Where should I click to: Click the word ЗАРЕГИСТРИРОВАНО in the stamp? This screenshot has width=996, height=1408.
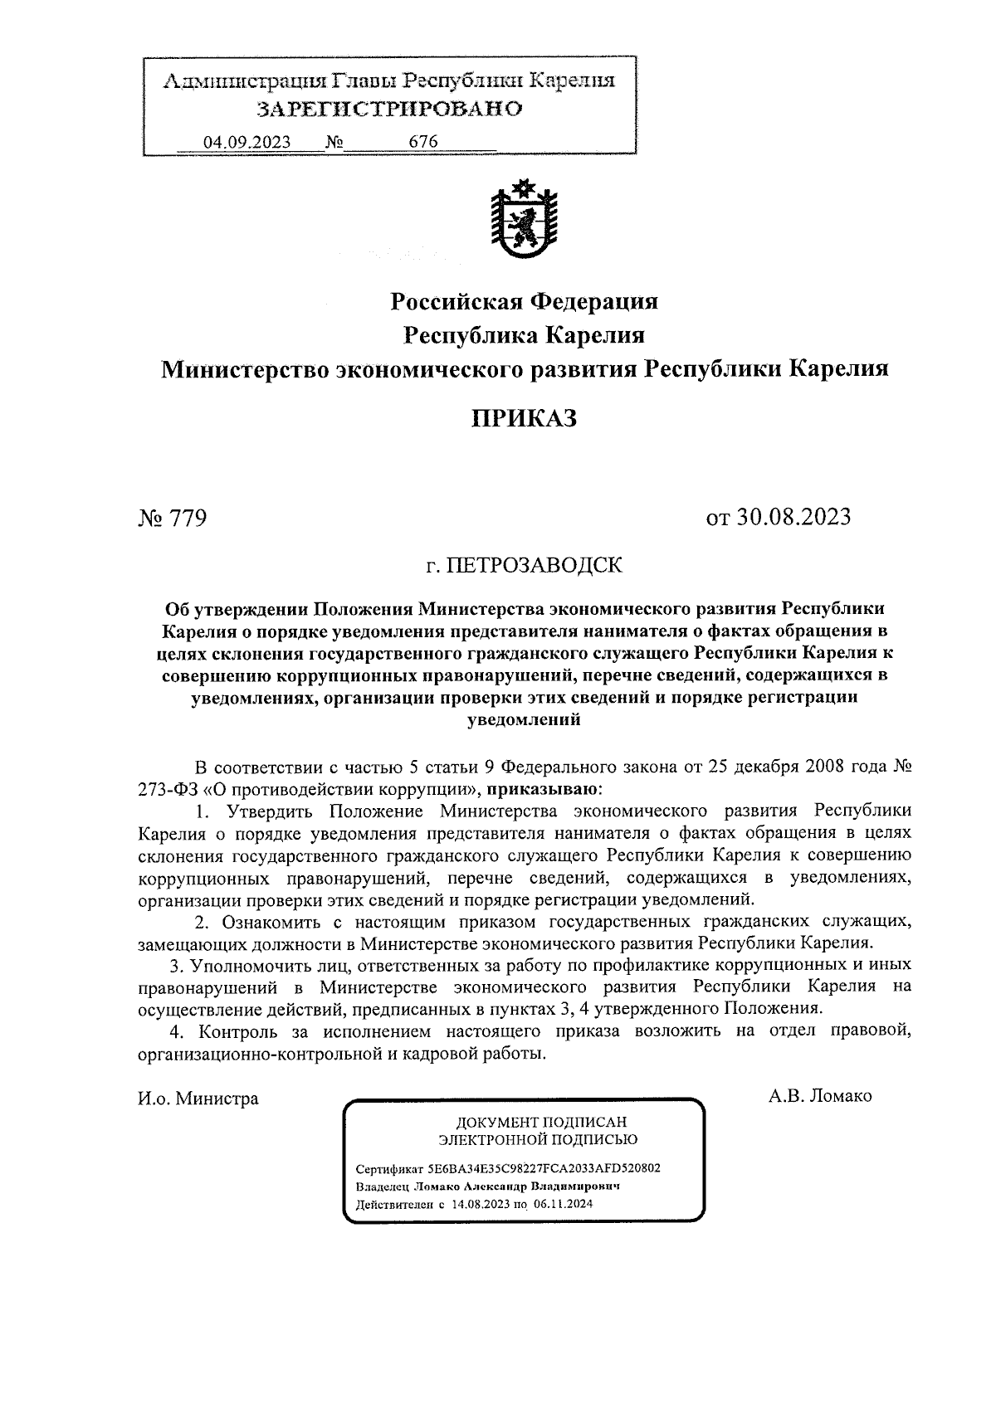click(389, 109)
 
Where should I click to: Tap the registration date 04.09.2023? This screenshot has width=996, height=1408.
click(247, 142)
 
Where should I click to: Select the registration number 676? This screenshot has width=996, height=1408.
click(423, 141)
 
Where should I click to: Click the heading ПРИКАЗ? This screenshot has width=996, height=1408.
click(524, 418)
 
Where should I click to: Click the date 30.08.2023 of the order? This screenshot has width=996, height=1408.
click(800, 517)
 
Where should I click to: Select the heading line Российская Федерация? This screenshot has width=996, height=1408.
click(524, 300)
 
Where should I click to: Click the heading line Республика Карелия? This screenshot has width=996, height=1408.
click(524, 334)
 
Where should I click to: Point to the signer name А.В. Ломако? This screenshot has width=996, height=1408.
click(820, 1096)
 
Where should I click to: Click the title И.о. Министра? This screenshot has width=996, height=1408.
click(198, 1099)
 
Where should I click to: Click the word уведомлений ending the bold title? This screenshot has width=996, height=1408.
click(524, 720)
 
